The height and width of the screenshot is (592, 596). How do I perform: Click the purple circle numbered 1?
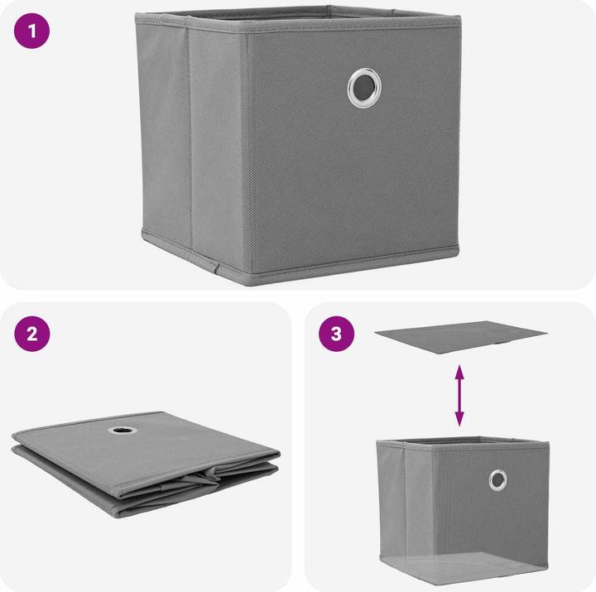(x=32, y=31)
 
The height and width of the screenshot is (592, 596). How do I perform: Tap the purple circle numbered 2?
(x=32, y=334)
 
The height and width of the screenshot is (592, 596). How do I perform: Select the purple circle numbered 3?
(x=336, y=334)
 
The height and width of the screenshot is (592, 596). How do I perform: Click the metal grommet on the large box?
(x=364, y=88)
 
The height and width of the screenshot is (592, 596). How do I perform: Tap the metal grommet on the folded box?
(x=123, y=431)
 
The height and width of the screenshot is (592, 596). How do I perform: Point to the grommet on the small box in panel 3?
(x=497, y=480)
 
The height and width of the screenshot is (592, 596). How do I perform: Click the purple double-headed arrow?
(x=459, y=396)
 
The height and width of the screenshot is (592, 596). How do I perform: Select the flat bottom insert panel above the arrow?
(x=461, y=337)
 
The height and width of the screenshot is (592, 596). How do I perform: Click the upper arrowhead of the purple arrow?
(x=459, y=371)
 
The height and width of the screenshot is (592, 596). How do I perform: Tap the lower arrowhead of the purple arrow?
(x=459, y=420)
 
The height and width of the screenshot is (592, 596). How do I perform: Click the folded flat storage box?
(x=146, y=464)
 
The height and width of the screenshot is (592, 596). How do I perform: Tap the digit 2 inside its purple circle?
(x=32, y=334)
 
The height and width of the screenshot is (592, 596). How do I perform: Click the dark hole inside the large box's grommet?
(x=364, y=88)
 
